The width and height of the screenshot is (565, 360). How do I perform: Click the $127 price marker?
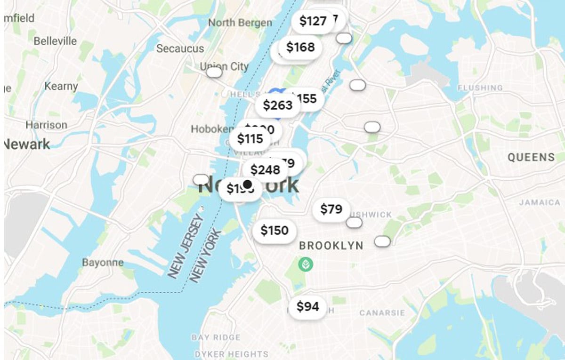313,21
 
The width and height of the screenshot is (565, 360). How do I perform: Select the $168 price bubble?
300,47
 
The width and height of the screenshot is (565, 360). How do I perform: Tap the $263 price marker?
277,105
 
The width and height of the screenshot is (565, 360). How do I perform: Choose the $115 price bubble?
250,139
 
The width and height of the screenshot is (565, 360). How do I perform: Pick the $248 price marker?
265,170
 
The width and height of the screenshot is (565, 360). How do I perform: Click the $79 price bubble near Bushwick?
331,209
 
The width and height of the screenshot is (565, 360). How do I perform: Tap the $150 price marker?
274,231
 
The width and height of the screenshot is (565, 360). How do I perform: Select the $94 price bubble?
307,307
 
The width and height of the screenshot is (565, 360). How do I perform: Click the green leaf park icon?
306,264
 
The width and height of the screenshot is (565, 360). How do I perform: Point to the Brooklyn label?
331,246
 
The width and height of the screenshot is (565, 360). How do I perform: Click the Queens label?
531,158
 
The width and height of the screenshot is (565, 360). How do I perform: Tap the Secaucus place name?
180,48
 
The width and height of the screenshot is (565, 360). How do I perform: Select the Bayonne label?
103,262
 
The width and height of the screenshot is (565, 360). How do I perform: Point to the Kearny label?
61,86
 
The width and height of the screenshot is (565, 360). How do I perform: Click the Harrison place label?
46,125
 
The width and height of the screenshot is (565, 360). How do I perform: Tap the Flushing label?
480,88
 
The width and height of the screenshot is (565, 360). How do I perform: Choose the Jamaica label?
539,202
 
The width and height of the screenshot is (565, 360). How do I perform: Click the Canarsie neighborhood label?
382,313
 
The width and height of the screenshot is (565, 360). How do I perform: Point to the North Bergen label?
240,23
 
